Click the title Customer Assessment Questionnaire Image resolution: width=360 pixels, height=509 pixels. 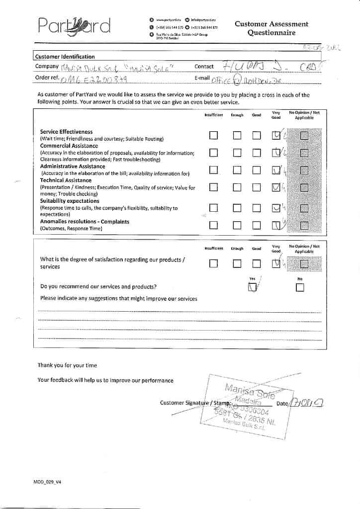click(271, 28)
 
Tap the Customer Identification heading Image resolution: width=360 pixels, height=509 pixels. click(65, 57)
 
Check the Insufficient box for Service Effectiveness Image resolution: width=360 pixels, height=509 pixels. click(213, 135)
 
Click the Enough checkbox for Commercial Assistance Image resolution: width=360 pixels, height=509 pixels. click(237, 153)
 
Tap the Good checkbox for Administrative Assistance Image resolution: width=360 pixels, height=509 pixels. click(256, 170)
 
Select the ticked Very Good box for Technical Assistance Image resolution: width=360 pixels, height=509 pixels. click(276, 187)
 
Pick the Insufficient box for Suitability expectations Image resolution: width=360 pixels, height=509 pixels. click(213, 208)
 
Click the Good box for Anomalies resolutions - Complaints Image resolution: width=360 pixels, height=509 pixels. click(256, 225)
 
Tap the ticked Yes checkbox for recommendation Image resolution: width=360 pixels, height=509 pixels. click(253, 287)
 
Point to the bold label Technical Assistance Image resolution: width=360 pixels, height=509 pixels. click(66, 180)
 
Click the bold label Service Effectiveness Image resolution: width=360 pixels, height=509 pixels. click(66, 132)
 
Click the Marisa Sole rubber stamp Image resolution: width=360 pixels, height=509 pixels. click(244, 405)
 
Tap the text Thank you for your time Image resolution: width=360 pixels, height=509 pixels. click(67, 365)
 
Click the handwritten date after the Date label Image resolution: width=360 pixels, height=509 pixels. click(306, 403)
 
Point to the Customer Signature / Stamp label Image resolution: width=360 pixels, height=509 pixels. click(195, 403)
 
